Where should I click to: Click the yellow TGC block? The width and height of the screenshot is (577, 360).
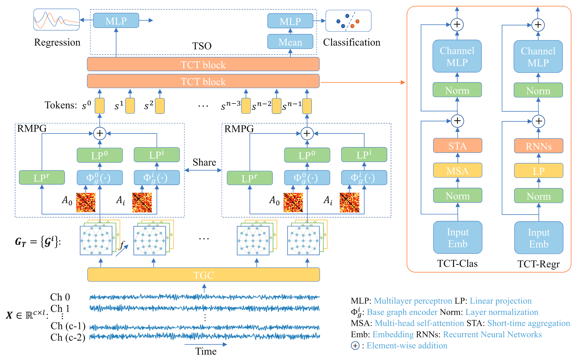203,275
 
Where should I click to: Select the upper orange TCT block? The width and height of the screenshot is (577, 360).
203,64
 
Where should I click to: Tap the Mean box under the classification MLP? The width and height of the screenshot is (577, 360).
290,42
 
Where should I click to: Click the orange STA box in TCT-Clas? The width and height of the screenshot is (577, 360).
457,146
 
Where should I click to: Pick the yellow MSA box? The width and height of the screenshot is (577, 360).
457,170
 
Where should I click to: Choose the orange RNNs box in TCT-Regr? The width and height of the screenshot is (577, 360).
539,146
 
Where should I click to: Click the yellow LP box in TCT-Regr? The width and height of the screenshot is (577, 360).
539,171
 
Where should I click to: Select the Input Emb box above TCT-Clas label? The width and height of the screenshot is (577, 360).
458,238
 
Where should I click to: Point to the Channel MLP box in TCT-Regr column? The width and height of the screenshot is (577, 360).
538,56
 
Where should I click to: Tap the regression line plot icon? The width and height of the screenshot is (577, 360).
56,20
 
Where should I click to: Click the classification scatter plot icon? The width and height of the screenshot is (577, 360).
348,21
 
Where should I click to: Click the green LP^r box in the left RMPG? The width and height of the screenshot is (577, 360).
42,178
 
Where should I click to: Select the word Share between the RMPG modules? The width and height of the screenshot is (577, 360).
204,162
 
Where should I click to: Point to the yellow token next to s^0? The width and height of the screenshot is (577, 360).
99,106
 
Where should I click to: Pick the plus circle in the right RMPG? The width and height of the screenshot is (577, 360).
307,133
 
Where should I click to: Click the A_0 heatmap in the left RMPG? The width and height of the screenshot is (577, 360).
86,202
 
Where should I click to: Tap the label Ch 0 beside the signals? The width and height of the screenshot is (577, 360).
60,297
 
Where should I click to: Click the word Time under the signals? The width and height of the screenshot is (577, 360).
206,351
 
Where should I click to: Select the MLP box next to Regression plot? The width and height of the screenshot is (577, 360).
116,21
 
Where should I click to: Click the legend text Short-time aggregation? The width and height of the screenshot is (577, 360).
528,323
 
